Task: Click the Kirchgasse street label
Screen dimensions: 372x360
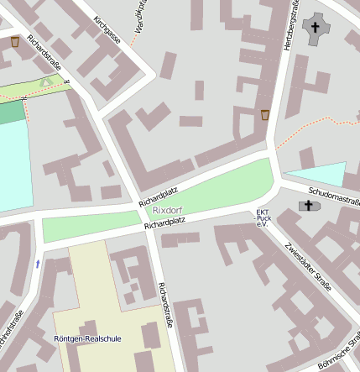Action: [107, 29]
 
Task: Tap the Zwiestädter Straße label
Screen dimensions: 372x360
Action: [308, 265]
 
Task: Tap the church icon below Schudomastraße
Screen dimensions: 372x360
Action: [308, 206]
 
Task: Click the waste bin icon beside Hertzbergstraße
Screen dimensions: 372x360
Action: [265, 114]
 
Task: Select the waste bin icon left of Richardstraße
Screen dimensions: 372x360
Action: [15, 40]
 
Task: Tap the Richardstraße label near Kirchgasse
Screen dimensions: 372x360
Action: [44, 54]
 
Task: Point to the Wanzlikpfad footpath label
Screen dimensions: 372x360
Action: [138, 10]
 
